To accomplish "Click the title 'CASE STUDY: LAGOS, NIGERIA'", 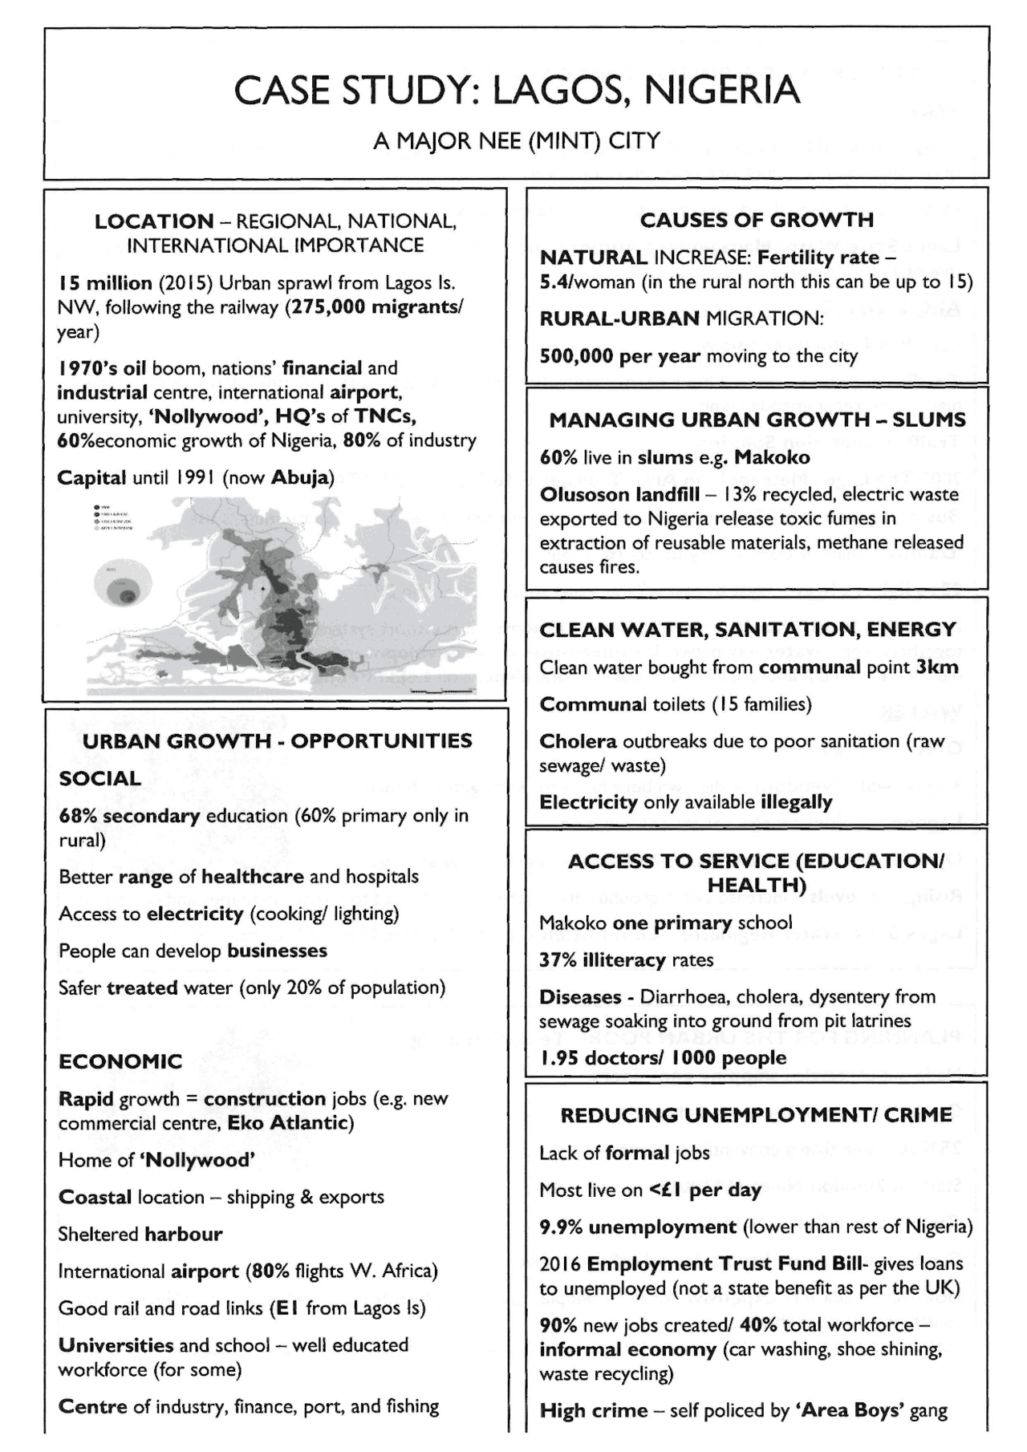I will point(516,91).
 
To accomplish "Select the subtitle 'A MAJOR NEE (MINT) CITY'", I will point(516,141).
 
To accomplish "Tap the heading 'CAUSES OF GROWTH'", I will point(757,220).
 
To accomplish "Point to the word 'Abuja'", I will point(300,477).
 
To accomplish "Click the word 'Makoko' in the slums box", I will point(771,457).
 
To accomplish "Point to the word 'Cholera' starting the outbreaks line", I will point(578,741).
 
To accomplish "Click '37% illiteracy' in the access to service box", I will point(603,960).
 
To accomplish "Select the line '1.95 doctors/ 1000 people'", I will point(663,1058).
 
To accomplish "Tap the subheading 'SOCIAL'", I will point(99,778).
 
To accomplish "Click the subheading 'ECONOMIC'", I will point(120,1061).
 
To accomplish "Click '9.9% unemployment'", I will point(637,1227).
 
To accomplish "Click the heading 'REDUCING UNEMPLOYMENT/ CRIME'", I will point(756,1115).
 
